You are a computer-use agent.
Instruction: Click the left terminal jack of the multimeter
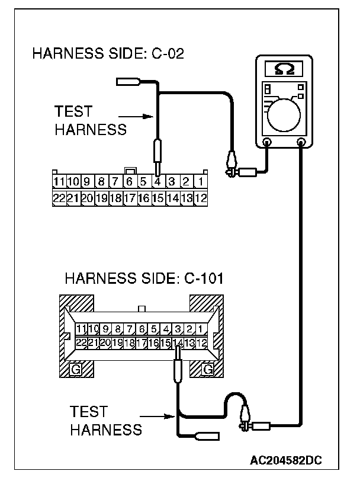266,142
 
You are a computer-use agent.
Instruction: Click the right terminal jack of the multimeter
302,142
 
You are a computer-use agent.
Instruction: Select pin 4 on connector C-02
157,181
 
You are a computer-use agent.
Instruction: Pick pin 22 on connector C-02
58,198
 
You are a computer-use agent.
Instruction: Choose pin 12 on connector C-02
201,198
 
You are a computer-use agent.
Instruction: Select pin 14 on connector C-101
177,342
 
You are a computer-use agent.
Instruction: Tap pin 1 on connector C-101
201,328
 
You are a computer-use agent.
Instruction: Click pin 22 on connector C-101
82,342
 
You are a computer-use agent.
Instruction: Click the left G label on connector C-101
76,370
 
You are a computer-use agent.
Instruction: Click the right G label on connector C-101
207,370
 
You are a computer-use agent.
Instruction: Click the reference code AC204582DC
286,459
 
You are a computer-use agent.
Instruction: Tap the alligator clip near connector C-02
232,163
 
